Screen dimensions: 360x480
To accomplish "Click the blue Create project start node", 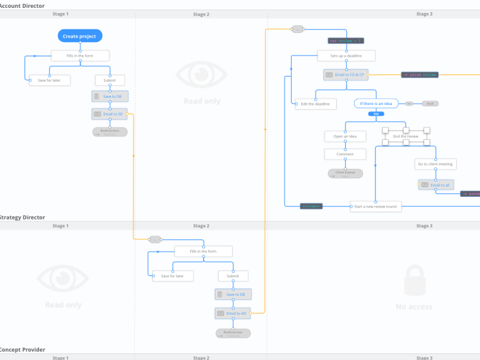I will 80,36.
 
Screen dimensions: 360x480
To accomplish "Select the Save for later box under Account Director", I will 49,80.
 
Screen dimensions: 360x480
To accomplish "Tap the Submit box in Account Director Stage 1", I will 110,80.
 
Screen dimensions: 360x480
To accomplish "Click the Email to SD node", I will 110,114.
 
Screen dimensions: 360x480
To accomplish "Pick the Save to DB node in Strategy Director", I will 233,295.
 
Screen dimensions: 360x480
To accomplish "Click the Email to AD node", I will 233,313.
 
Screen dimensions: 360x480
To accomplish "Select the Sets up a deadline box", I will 347,56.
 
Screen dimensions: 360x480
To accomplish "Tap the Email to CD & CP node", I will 346,74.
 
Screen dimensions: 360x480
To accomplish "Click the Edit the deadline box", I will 316,104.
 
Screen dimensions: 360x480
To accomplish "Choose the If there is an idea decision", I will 376,104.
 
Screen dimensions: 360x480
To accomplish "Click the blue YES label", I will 376,113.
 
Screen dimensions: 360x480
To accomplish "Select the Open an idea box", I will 345,136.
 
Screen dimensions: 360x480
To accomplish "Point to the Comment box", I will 345,154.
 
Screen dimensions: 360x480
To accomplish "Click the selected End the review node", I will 406,136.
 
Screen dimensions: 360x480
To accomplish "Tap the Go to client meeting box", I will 436,164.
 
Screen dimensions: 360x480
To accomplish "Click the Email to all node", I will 436,185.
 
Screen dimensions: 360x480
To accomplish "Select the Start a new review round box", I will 376,206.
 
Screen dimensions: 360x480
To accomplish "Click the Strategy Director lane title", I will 23,217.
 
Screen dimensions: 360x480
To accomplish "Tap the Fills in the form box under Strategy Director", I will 203,251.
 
